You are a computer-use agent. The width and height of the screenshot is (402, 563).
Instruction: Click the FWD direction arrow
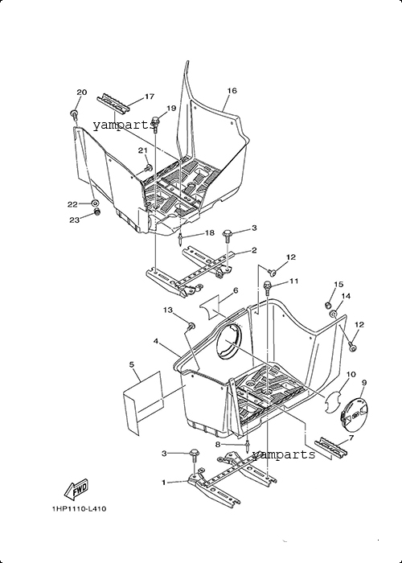[76, 490]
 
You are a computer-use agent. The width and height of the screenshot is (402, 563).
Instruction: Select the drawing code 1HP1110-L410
[79, 509]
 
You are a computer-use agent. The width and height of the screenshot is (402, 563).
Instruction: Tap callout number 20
[82, 92]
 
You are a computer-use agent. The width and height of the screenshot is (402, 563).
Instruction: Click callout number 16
[232, 90]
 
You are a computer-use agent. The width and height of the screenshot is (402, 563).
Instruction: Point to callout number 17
[150, 97]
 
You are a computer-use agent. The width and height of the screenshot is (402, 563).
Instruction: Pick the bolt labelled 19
[156, 123]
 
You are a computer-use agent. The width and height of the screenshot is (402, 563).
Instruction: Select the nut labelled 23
[96, 212]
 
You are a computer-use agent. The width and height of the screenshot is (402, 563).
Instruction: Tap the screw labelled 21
[149, 167]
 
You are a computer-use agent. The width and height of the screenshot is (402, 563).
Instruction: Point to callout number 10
[351, 374]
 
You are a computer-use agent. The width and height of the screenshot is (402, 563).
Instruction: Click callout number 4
[156, 341]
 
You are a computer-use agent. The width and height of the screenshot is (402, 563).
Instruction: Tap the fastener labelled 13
[191, 326]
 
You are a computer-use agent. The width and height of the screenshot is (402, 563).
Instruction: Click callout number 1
[164, 483]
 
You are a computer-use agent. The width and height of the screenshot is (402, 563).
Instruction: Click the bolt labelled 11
[268, 287]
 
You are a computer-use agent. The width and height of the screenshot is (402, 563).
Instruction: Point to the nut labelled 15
[327, 305]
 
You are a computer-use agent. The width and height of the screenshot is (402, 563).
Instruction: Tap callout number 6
[236, 290]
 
